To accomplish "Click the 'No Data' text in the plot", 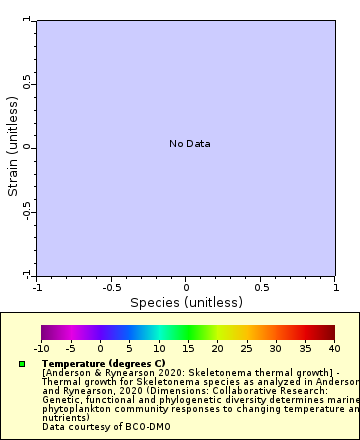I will [x=189, y=144].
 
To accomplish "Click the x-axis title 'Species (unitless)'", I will [x=186, y=302].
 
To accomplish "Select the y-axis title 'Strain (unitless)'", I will [x=14, y=146].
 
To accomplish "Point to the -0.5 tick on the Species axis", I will [x=110, y=287].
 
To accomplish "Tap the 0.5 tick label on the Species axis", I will [x=261, y=287].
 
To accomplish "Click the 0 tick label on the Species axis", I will [x=186, y=287].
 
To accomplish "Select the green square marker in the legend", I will [x=22, y=363].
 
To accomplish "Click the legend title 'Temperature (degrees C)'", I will [x=103, y=363].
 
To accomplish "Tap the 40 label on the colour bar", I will [x=334, y=348].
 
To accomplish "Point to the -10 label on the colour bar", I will [x=41, y=348].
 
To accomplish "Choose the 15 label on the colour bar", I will [x=188, y=348].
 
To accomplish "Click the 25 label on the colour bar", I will [x=246, y=348].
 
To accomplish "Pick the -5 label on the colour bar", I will [x=70, y=348].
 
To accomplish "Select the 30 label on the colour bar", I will [x=276, y=348].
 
